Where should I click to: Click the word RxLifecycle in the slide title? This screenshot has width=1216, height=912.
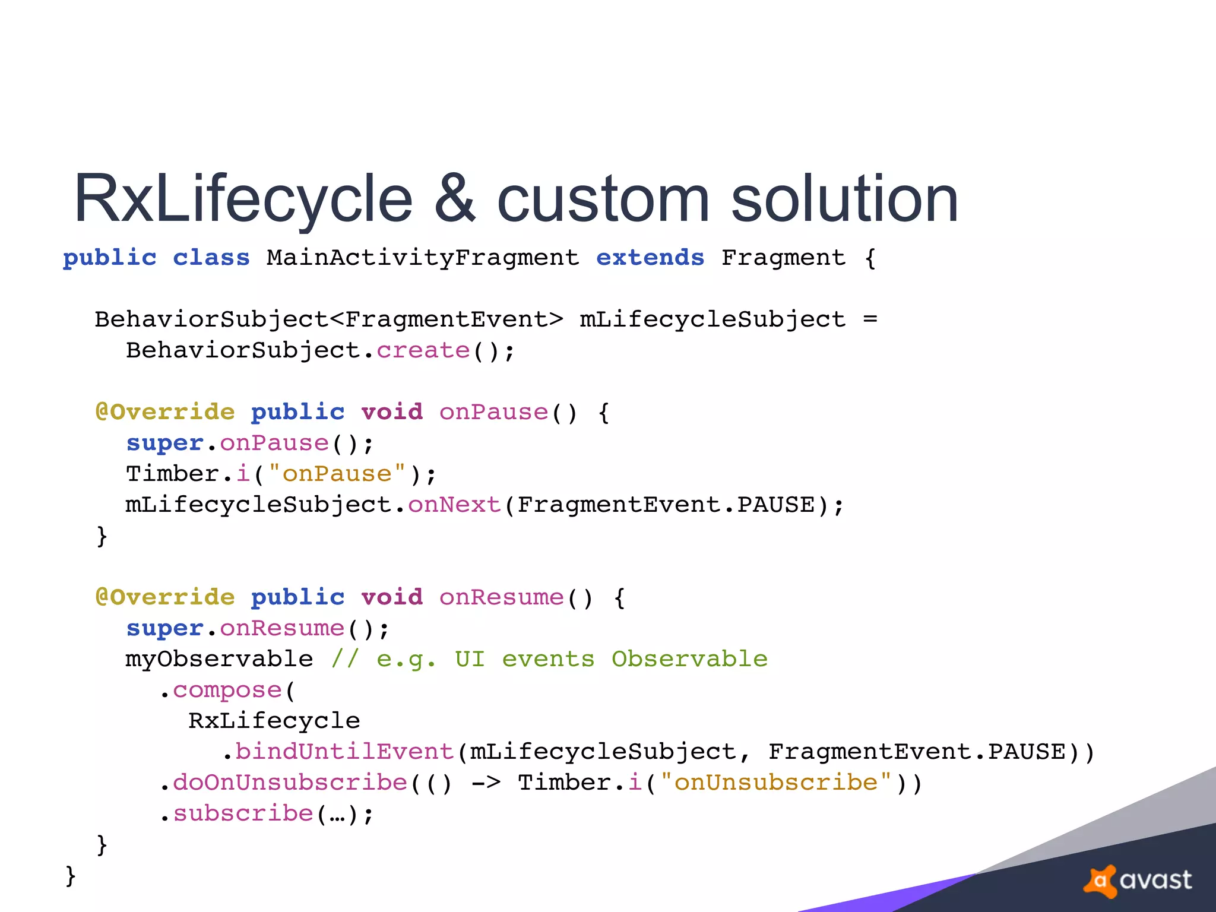(x=243, y=199)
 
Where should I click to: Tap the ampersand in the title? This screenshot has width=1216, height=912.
(x=455, y=199)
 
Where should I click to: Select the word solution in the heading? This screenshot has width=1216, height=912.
(x=844, y=199)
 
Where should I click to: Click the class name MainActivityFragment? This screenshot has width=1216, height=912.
(x=422, y=258)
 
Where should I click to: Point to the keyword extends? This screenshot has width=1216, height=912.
(x=650, y=258)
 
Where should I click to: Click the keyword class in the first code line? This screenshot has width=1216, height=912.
(x=211, y=258)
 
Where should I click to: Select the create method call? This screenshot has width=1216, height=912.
(x=423, y=351)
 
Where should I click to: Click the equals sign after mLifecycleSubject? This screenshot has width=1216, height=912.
(x=870, y=319)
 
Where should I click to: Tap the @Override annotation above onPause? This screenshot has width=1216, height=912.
(x=165, y=412)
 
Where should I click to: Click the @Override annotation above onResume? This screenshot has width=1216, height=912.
(x=165, y=597)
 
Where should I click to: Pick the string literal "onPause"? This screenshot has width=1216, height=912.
(x=337, y=474)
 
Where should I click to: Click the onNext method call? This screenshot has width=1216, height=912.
(x=454, y=505)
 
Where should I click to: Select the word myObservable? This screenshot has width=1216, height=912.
(x=219, y=659)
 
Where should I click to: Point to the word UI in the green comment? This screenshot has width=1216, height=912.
(x=470, y=659)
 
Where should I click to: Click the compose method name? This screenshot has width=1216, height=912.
(x=227, y=690)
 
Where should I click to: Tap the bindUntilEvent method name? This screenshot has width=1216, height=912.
(x=344, y=752)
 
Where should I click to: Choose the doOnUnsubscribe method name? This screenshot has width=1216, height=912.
(x=290, y=783)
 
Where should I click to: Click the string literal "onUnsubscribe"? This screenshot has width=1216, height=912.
(x=775, y=783)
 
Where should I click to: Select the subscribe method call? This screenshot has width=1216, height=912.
(x=243, y=813)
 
